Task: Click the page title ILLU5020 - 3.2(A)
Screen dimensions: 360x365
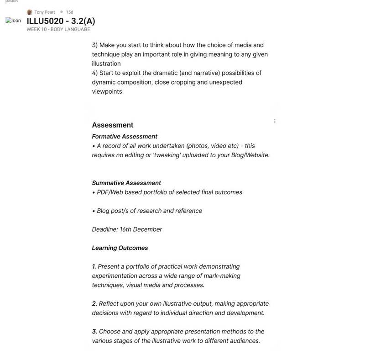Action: (61, 21)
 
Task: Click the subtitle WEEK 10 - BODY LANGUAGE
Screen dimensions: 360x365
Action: (58, 30)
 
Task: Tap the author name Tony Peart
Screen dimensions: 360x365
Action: (44, 12)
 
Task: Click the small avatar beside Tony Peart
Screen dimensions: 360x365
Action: (30, 12)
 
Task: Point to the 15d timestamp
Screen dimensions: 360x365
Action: (69, 12)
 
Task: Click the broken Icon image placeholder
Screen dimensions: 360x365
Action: (13, 21)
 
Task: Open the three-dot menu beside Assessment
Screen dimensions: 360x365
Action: (275, 121)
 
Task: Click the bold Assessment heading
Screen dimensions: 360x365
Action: (113, 125)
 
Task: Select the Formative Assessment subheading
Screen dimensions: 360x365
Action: (125, 137)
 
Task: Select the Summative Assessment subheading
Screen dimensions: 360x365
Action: (126, 183)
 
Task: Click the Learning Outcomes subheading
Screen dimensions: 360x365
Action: (120, 248)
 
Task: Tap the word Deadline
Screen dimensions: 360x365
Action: (104, 229)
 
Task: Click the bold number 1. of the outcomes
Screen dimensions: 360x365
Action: (94, 266)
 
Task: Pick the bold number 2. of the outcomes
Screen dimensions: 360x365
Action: (94, 304)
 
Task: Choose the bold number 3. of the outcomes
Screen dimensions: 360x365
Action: (94, 332)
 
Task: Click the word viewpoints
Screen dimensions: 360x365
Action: (107, 91)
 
